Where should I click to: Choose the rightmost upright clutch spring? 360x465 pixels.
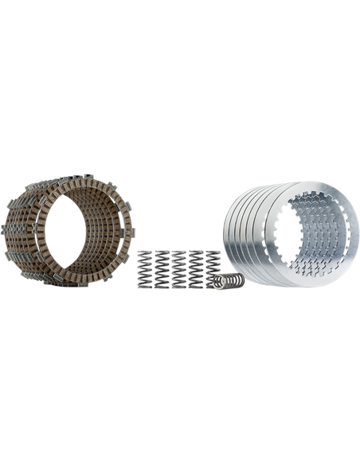pyautogui.click(x=213, y=271)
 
